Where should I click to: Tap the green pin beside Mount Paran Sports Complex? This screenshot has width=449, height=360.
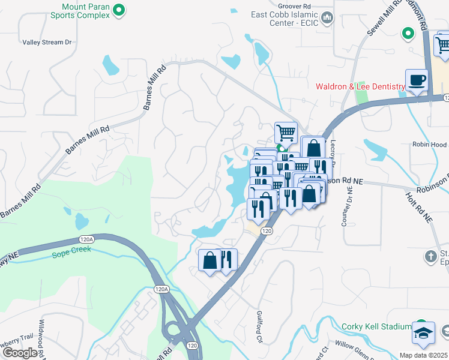pyautogui.click(x=119, y=10)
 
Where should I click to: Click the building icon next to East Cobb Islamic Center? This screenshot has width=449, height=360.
pyautogui.click(x=327, y=18)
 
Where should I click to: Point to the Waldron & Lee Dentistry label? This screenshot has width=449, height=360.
pyautogui.click(x=361, y=87)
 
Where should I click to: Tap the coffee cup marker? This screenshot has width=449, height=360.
pyautogui.click(x=417, y=80)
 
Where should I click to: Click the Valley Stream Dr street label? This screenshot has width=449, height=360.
pyautogui.click(x=47, y=43)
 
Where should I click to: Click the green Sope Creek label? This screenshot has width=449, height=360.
pyautogui.click(x=71, y=249)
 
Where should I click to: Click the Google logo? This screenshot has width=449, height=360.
pyautogui.click(x=20, y=353)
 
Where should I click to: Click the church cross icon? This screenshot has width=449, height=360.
pyautogui.click(x=430, y=257)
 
